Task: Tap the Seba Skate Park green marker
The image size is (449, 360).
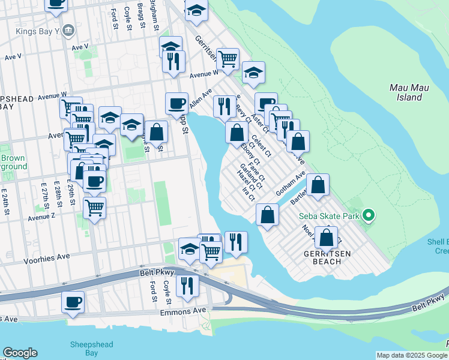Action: [x=370, y=214]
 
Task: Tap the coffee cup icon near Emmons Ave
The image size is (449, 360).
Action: [x=73, y=302]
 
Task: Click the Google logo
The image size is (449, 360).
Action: [x=20, y=353]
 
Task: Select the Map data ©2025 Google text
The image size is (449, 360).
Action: [x=411, y=355]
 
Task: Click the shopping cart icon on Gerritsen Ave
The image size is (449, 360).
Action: [x=228, y=59]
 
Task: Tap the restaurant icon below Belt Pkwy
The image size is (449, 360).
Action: [x=188, y=286]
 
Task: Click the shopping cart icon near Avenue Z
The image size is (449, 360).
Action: [x=94, y=208]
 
